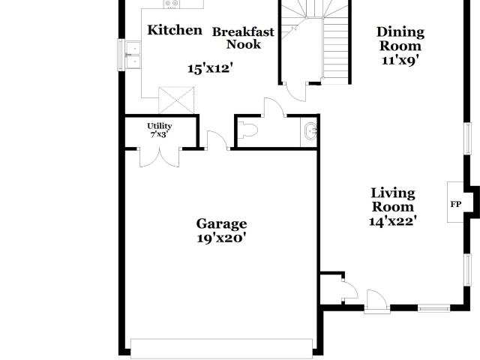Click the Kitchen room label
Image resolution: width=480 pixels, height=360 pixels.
coord(175,30)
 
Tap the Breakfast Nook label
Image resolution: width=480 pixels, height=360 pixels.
coord(243,38)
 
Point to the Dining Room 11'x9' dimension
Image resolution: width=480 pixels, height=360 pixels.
coord(400,60)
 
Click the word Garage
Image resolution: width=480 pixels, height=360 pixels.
coord(221,224)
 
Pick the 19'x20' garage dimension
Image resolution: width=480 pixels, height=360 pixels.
coord(221,238)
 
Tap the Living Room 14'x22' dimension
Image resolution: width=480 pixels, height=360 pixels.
coord(393,220)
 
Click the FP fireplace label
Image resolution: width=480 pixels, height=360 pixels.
coord(455,204)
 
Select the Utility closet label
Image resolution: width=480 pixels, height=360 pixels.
coord(160,126)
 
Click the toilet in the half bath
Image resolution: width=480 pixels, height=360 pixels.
coord(247,130)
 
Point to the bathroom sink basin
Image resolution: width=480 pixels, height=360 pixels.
coord(311,132)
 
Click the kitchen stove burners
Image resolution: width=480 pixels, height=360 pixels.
coord(172,4)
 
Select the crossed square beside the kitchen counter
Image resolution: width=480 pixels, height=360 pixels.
coord(176,100)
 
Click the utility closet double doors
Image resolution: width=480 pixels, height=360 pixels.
coord(159,157)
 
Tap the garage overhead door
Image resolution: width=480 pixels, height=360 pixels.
coord(221,348)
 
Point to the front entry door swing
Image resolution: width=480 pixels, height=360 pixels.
coord(377,301)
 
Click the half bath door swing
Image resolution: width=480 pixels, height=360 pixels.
coord(274,107)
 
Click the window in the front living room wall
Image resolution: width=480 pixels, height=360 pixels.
coord(433,308)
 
